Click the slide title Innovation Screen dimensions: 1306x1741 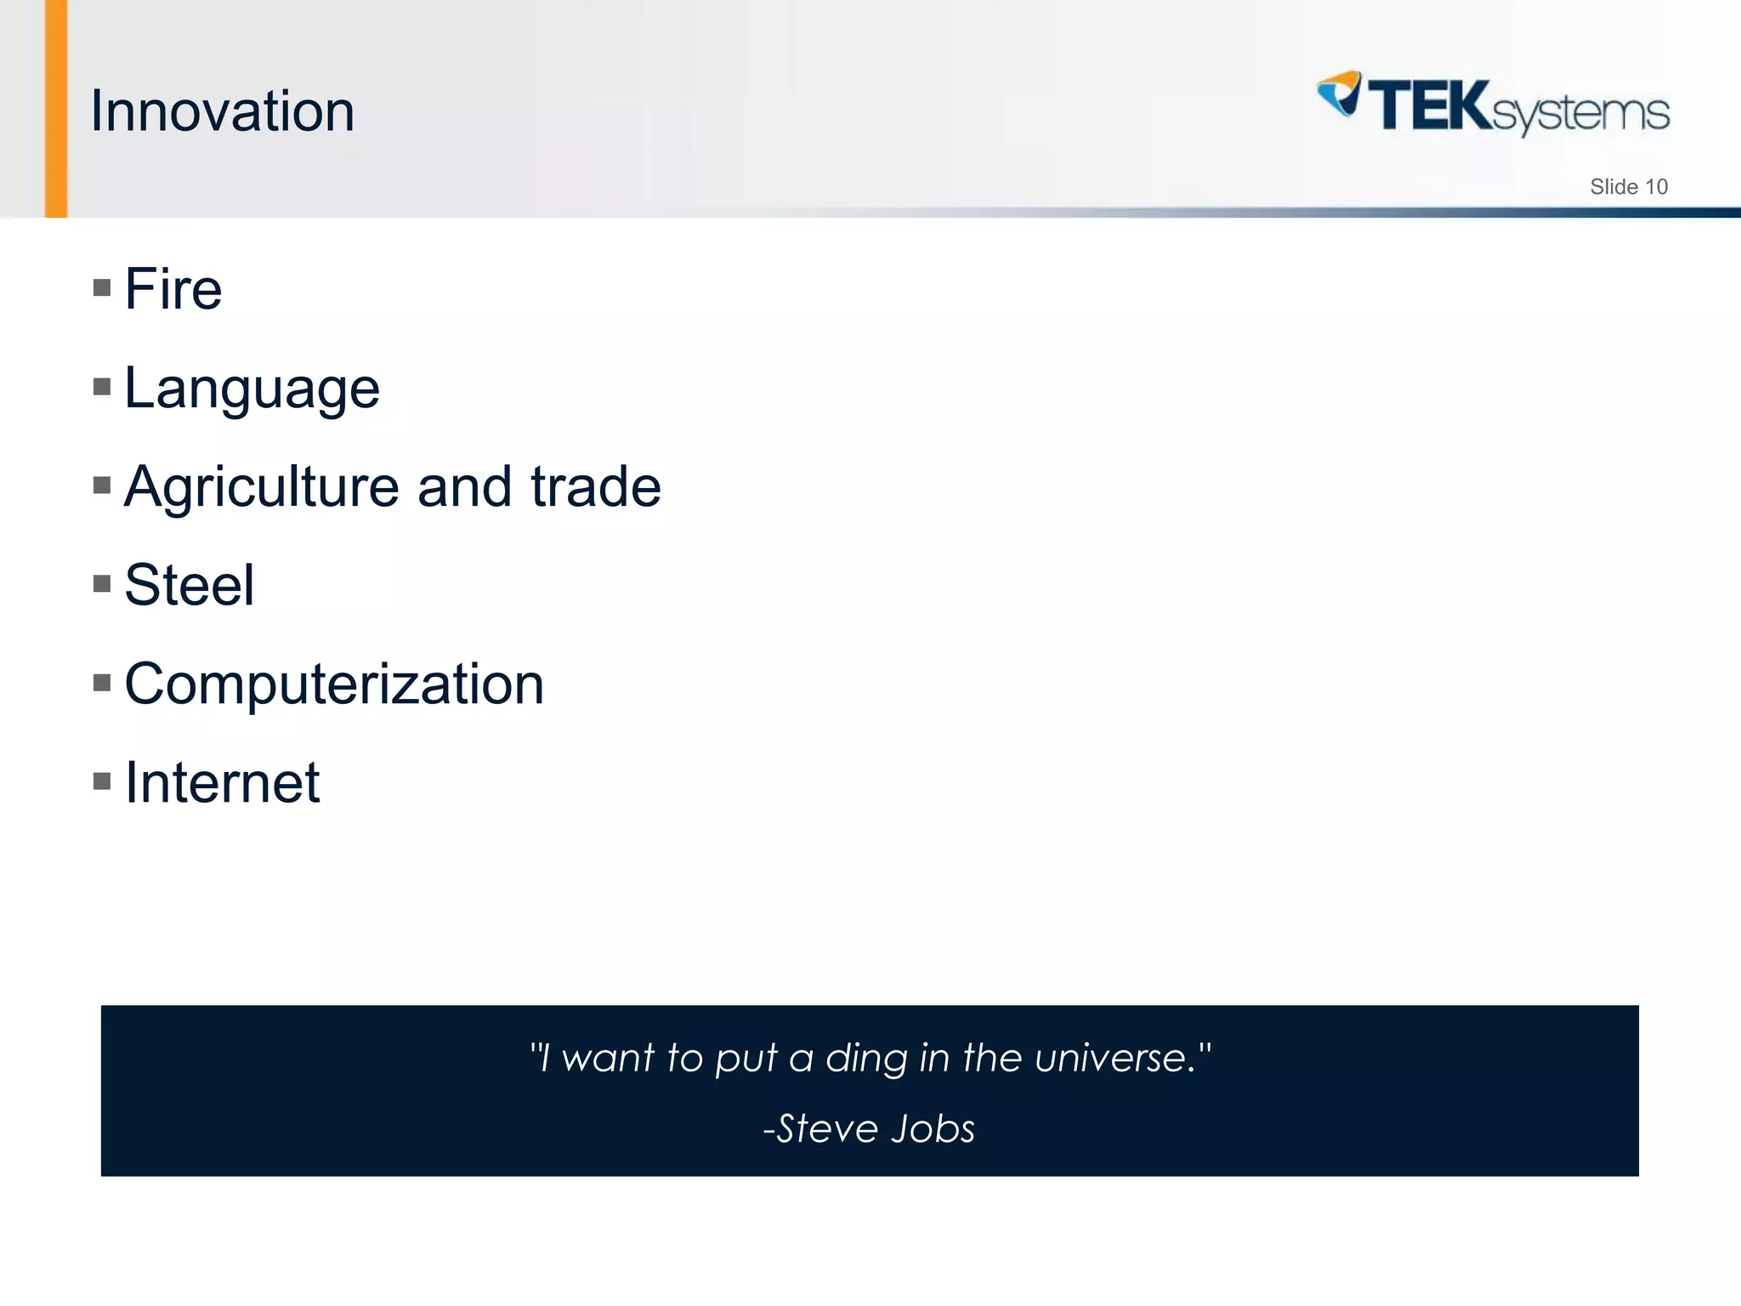click(222, 111)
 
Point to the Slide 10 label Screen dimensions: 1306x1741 click(1628, 187)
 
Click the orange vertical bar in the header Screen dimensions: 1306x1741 click(56, 108)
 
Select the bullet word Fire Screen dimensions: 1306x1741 click(173, 289)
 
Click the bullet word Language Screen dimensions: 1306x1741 click(252, 389)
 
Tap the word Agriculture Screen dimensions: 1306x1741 click(261, 487)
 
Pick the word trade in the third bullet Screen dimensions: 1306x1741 click(595, 487)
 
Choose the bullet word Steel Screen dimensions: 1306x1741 click(189, 586)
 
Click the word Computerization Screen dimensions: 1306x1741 click(334, 684)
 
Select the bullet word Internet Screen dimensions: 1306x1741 click(222, 783)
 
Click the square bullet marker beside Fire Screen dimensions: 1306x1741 click(102, 288)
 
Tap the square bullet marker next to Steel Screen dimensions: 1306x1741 click(102, 584)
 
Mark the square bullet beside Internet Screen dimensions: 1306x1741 click(102, 781)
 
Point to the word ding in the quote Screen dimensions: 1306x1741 click(867, 1059)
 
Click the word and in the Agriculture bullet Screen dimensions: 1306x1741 click(464, 487)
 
